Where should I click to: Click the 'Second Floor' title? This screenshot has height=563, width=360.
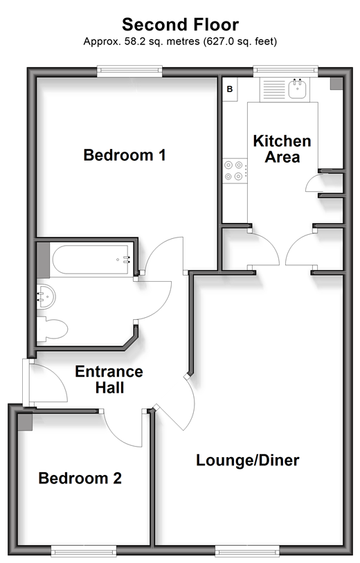[x=180, y=25]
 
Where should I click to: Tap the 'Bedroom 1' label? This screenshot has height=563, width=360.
[x=125, y=155]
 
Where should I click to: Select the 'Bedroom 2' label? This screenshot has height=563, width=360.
[x=80, y=479]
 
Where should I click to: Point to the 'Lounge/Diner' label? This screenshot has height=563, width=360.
[x=248, y=461]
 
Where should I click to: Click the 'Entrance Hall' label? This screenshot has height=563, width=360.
[x=109, y=379]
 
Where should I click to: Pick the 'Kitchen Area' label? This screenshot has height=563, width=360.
[x=282, y=149]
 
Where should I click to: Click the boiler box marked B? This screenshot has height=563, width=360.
[x=230, y=89]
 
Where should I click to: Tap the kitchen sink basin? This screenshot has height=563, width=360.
[x=297, y=89]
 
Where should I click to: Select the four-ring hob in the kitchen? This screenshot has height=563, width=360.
[x=235, y=170]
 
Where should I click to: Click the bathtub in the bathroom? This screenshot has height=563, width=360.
[x=91, y=259]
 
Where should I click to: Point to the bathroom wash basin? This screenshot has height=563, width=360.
[x=46, y=296]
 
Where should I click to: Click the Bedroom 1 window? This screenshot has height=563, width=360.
[x=129, y=71]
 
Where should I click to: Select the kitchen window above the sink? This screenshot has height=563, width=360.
[x=286, y=71]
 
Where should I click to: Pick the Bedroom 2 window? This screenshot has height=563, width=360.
[x=84, y=551]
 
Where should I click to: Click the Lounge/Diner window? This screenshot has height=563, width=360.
[x=247, y=551]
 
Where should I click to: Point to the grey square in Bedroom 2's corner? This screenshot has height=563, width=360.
[x=25, y=422]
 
